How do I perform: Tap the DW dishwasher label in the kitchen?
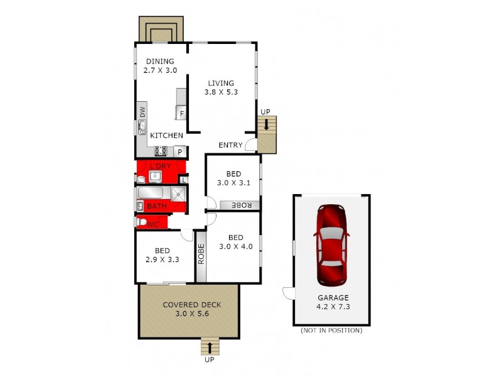tap(142, 112)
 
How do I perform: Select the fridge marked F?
tap(182, 114)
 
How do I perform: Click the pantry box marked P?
tap(179, 151)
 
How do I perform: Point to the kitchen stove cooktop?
tap(160, 151)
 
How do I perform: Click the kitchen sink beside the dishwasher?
tap(142, 128)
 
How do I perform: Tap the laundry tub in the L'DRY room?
tap(154, 176)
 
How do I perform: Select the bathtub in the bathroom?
tap(150, 193)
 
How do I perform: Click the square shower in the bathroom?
tap(179, 194)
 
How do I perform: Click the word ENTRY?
tap(230, 145)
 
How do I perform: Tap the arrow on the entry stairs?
tap(267, 125)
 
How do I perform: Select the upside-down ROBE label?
tap(242, 205)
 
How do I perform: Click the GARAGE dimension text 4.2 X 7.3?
tap(333, 308)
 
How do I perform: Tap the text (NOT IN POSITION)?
tap(331, 331)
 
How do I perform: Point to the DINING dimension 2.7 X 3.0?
tap(161, 70)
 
